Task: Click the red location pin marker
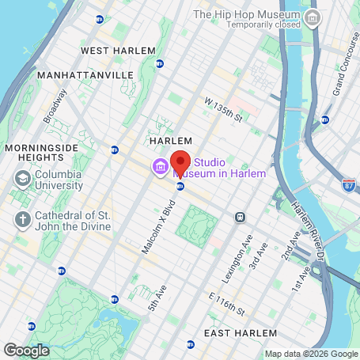[x=180, y=163]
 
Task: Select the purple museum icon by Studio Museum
[x=160, y=167]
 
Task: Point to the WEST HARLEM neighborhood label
[x=113, y=51]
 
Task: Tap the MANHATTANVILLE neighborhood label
[x=86, y=74]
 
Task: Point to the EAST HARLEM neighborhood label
[x=241, y=333]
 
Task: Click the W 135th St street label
[x=222, y=108]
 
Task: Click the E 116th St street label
[x=224, y=302]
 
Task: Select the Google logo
[x=25, y=349]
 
